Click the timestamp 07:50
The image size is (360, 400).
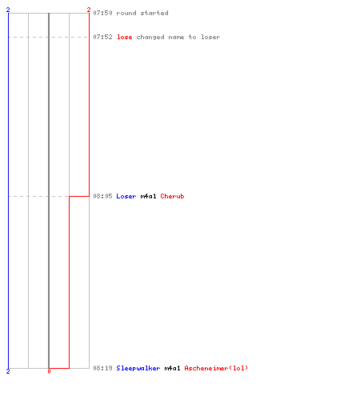(102, 13)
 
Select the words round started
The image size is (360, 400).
(142, 13)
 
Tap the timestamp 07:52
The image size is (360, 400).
(102, 37)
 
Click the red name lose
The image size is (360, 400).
(125, 37)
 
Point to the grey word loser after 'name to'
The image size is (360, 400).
(210, 37)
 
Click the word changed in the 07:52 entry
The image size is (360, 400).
(150, 37)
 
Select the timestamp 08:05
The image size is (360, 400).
(102, 196)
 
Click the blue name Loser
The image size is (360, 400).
(126, 196)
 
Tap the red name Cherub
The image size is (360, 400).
(172, 196)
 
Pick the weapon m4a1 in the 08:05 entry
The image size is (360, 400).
(148, 196)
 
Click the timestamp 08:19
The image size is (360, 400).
(102, 368)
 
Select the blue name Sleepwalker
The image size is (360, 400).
(138, 368)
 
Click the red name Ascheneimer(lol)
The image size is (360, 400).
(216, 368)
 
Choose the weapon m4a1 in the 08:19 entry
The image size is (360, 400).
(172, 368)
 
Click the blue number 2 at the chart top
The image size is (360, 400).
(8, 10)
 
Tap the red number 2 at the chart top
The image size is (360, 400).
(89, 10)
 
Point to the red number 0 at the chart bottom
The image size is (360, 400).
(49, 371)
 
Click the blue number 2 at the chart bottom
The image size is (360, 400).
(8, 371)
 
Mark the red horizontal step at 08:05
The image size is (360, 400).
(79, 196)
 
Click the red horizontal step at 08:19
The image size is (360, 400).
(59, 368)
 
